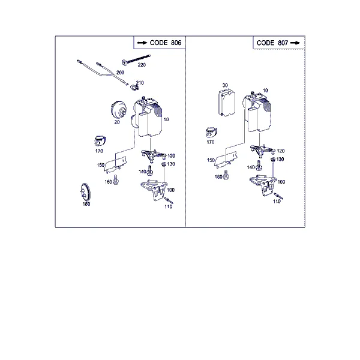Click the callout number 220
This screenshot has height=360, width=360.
tap(142, 65)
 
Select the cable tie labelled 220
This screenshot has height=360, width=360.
tap(136, 59)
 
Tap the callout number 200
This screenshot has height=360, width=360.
tap(121, 73)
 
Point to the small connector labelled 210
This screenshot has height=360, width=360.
tap(134, 87)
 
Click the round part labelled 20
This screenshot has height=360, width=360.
tap(118, 110)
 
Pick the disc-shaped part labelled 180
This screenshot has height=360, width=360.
tap(85, 192)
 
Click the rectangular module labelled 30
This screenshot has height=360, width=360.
tap(227, 103)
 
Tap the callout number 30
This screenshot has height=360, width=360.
tap(225, 85)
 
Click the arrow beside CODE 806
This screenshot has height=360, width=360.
tap(142, 43)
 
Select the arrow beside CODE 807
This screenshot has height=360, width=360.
tap(295, 43)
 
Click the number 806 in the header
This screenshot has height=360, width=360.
tap(176, 43)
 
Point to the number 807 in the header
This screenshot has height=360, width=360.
tap(283, 43)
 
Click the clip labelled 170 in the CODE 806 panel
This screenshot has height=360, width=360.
tap(100, 141)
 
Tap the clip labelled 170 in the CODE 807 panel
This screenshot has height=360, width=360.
tap(211, 133)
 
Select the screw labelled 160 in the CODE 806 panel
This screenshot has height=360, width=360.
tap(116, 179)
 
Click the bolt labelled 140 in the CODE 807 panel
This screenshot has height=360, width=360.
tap(259, 166)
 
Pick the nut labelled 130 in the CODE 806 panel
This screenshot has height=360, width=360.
tap(164, 164)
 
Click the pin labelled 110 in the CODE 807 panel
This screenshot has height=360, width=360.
tap(278, 196)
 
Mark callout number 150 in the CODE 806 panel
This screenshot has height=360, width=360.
tap(101, 165)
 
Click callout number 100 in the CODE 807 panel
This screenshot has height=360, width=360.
tap(281, 182)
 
